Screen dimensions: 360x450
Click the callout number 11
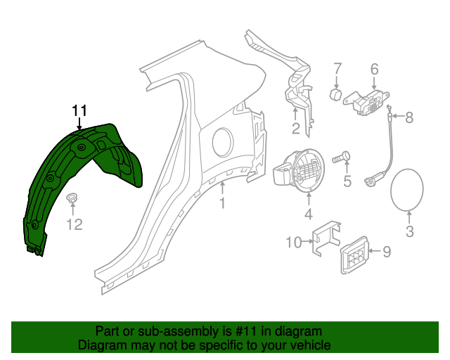[x=79, y=110]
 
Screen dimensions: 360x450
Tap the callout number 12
[x=75, y=224]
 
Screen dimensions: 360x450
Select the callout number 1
[x=222, y=204]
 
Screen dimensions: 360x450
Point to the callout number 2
[x=296, y=129]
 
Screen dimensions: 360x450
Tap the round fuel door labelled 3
[x=406, y=190]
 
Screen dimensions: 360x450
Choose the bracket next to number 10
[x=326, y=239]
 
